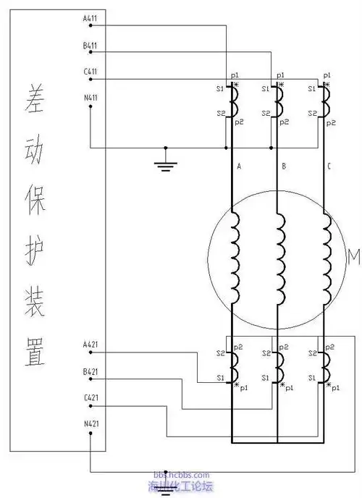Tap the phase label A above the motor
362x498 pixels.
[239, 166]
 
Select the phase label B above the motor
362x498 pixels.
[284, 166]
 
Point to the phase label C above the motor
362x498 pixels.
[329, 166]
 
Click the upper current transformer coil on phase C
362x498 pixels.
[325, 101]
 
